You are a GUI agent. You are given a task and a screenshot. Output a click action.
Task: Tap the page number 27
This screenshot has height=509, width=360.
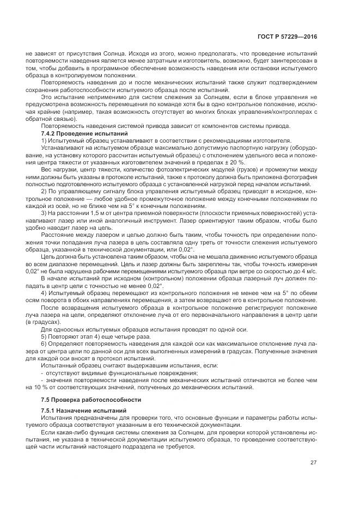314,463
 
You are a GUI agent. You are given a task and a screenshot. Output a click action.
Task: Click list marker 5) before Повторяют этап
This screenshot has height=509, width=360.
44,336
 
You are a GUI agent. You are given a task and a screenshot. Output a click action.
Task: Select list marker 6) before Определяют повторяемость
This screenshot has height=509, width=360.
44,344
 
